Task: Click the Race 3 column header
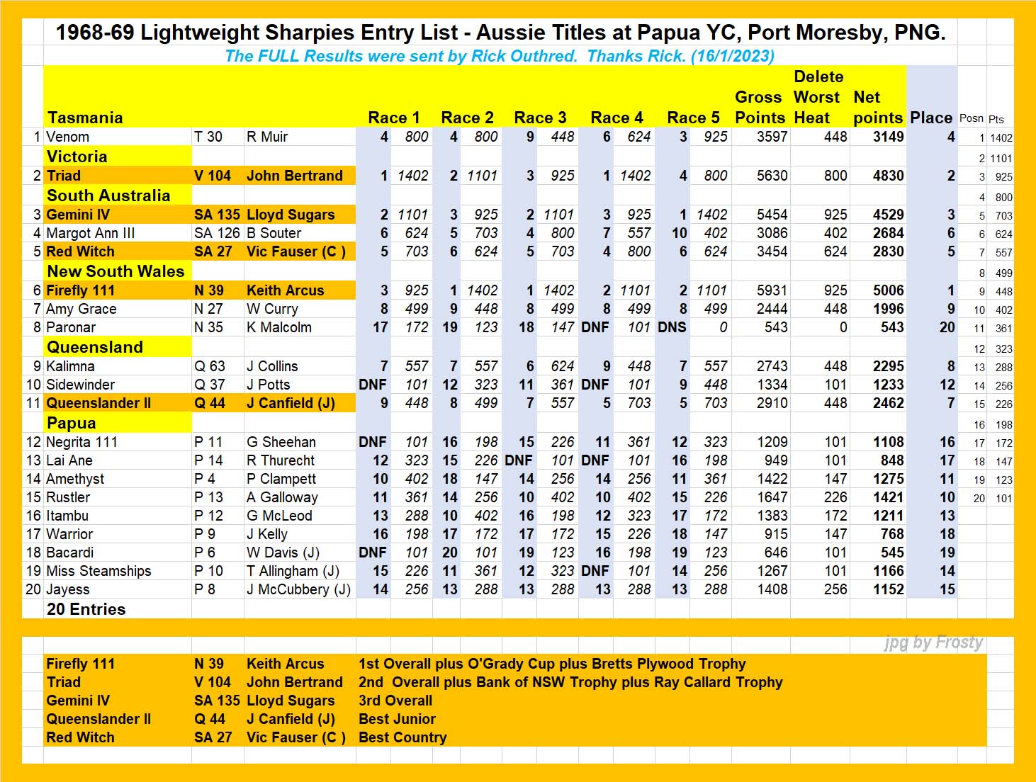click(540, 118)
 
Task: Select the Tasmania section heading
click(85, 118)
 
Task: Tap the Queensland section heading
click(95, 347)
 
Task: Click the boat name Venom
click(67, 137)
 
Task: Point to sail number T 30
click(208, 137)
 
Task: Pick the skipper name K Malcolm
click(278, 327)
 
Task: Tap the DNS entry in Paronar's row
click(672, 327)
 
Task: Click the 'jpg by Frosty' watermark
click(933, 642)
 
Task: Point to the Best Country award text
click(402, 737)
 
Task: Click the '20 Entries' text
click(86, 609)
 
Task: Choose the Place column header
click(931, 118)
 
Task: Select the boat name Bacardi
click(69, 552)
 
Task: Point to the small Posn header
click(972, 118)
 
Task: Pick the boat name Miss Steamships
click(98, 571)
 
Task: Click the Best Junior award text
click(397, 719)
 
